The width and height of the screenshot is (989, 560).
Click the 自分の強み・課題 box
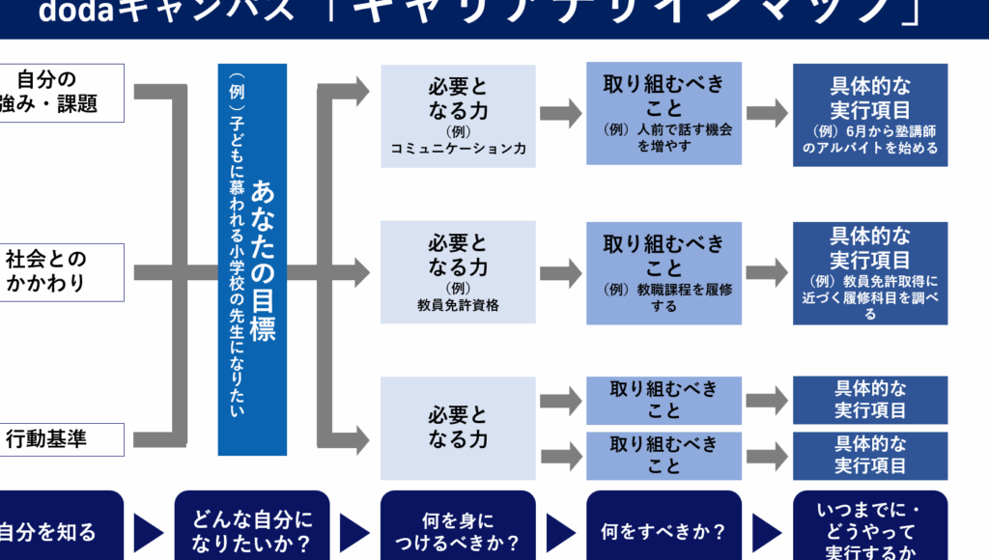[x=60, y=93]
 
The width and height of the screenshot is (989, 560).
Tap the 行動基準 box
[x=60, y=438]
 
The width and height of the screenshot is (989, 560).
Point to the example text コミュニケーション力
[x=458, y=149]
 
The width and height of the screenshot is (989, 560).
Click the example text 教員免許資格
[x=458, y=305]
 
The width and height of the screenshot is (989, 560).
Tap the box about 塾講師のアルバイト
[x=869, y=114]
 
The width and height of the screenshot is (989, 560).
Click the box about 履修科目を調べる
[x=869, y=272]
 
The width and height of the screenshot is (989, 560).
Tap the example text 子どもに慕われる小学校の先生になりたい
[x=235, y=259]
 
